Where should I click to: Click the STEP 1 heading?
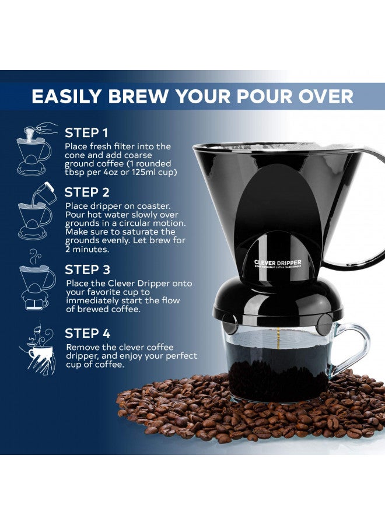coord(86,132)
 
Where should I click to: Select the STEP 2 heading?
coord(87,192)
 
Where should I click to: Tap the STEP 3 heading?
coord(87,270)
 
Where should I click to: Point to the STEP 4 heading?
coord(87,334)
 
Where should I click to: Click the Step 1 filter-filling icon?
coord(34,150)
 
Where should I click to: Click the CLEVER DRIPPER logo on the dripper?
coord(278,263)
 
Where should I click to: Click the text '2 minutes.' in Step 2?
coord(87,249)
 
